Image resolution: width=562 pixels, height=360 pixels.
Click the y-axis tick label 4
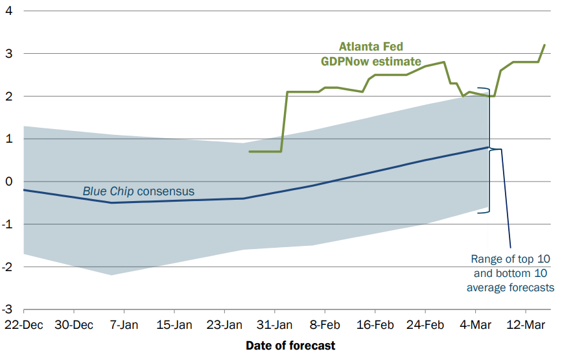tap(9, 11)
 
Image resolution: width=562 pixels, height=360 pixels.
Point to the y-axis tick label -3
tap(7, 310)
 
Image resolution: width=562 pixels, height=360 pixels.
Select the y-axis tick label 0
tap(9, 182)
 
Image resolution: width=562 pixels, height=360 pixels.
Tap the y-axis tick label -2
tap(7, 267)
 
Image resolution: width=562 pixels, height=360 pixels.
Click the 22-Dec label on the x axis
tap(23, 324)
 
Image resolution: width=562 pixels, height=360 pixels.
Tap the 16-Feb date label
tap(375, 324)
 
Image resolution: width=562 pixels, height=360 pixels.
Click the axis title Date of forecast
tap(290, 346)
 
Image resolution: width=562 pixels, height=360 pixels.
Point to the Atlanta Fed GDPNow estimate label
tap(371, 54)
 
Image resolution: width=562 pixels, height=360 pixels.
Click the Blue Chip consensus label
tap(138, 192)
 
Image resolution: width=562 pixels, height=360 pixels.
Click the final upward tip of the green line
tap(544, 45)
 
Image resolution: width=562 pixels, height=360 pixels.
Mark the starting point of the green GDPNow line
tap(250, 151)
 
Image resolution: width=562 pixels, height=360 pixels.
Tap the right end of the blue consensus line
tap(488, 147)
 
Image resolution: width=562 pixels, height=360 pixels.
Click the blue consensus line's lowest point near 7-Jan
tap(111, 202)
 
